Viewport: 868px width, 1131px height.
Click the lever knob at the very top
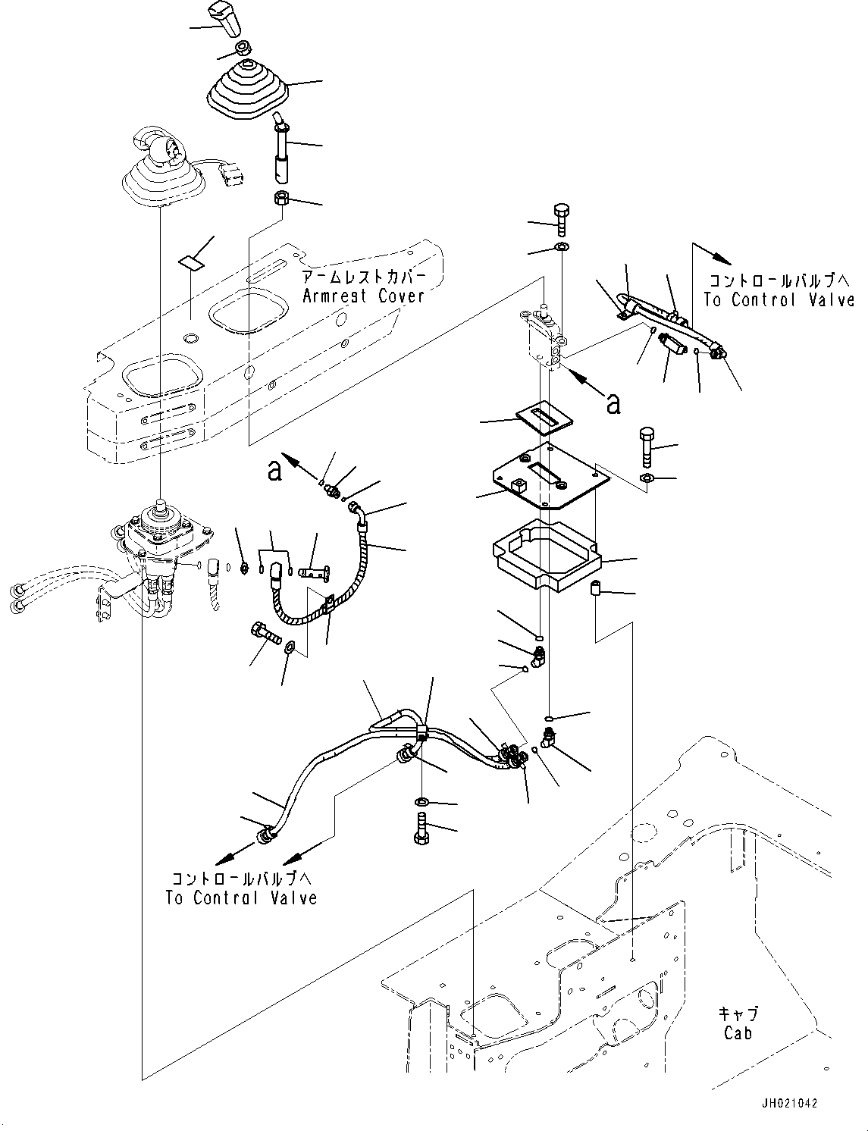click(230, 20)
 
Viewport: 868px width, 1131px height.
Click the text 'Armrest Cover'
click(363, 296)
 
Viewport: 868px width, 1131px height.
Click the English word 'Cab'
click(738, 1033)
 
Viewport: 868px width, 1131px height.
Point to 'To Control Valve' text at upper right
click(779, 300)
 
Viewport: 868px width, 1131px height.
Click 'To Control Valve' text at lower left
click(241, 898)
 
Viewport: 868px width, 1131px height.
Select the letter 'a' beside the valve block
click(613, 404)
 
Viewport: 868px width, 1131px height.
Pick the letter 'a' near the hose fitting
click(274, 470)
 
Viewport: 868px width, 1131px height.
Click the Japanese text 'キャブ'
click(738, 1014)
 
